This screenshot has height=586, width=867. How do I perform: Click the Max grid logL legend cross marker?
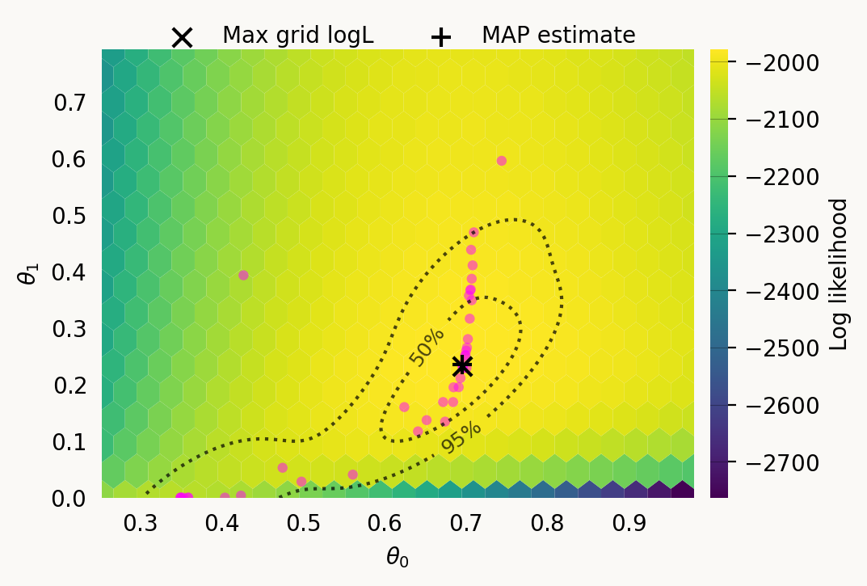pos(182,37)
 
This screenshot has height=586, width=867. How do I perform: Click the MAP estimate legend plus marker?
pos(440,37)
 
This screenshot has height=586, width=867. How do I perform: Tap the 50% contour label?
pos(427,348)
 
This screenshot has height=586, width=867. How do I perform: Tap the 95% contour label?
pos(461,437)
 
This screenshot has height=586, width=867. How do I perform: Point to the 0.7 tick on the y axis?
pos(70,103)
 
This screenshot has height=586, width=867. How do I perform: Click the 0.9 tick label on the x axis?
pos(629,523)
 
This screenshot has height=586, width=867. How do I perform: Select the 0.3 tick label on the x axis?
pos(140,523)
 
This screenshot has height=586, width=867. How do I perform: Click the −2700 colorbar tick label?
pos(791,463)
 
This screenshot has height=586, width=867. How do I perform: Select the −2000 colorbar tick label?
pos(791,63)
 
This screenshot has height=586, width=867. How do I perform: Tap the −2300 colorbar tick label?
pos(791,234)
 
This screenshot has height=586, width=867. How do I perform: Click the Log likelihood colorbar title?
pos(840,274)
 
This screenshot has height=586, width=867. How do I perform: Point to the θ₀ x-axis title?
pos(397,557)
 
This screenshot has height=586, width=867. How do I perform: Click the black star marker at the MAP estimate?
pos(462,365)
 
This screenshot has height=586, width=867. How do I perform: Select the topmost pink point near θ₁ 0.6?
pos(501,161)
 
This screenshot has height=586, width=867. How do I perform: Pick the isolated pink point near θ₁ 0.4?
pos(243,275)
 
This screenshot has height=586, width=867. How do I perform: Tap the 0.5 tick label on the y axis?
pos(70,216)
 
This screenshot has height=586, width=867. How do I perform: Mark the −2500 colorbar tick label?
pos(791,348)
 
